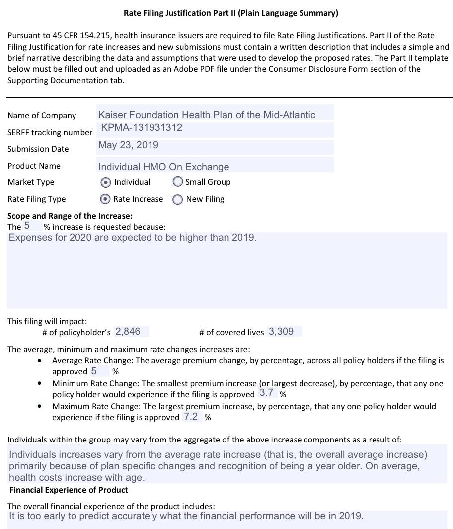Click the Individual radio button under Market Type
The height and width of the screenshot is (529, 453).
[105, 182]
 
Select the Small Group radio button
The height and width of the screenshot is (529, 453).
[178, 182]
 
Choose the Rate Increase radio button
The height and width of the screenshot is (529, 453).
[105, 199]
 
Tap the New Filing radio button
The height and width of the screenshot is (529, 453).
[177, 199]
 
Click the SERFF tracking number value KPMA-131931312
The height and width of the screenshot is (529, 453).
[142, 128]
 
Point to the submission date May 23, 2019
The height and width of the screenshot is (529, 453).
[128, 145]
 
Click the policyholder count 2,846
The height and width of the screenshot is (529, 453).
[128, 332]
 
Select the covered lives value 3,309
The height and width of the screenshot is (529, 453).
[281, 332]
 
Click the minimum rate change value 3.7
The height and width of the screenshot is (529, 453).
[266, 393]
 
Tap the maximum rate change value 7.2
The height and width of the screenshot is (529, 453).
[191, 417]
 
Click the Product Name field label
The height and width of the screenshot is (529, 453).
[34, 166]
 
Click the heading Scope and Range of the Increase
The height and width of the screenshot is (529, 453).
[70, 216]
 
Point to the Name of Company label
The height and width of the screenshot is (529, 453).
[42, 115]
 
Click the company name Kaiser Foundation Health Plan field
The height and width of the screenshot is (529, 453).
[207, 115]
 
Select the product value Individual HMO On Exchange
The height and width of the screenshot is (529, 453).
[163, 167]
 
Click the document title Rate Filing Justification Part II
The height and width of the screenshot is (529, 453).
[230, 13]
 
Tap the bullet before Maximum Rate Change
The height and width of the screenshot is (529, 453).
[40, 406]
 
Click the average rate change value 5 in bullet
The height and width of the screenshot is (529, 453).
[94, 371]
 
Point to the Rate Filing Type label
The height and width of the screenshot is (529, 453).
[36, 199]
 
